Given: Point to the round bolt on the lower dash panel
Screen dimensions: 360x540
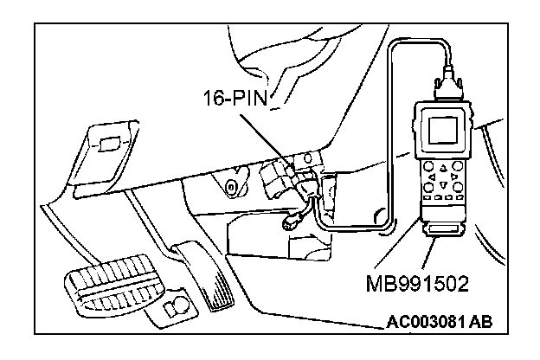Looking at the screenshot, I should tap(231, 187).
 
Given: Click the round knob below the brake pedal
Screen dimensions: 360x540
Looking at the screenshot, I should tap(177, 305).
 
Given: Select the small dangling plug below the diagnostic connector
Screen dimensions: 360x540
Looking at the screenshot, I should tap(291, 222).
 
